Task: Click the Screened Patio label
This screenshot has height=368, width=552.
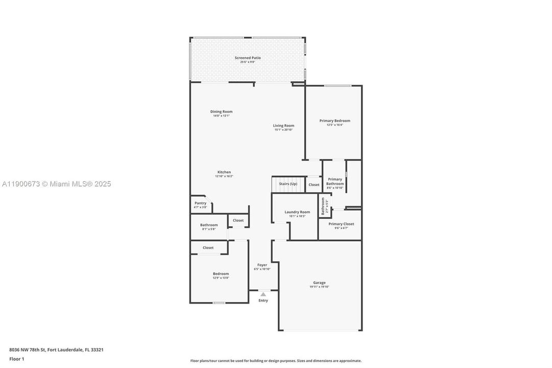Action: coord(248,58)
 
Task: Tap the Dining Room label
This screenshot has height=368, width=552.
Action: coord(221,111)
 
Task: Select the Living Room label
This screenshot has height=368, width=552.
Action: coord(283,125)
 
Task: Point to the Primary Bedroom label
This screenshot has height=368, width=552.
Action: coord(334,121)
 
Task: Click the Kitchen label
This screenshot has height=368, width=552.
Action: coord(224,172)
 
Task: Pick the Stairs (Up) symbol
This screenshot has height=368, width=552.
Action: coord(287,184)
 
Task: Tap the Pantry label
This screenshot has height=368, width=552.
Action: coord(200,203)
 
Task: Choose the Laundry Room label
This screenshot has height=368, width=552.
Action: coord(297,212)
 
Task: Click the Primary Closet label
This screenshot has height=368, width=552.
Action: coord(341,224)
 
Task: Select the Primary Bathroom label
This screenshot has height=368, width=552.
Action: coord(335,181)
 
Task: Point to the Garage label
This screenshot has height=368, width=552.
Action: coord(319,283)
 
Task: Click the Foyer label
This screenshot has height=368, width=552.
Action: coord(262,265)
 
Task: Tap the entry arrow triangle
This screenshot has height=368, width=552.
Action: coord(263,294)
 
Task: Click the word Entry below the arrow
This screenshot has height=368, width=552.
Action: coord(263,301)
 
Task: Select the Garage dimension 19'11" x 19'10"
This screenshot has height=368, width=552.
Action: coord(319,287)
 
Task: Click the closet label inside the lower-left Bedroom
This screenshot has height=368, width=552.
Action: coord(208,247)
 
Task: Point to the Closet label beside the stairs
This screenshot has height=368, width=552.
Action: coord(314,185)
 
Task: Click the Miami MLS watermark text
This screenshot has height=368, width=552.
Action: coord(56,184)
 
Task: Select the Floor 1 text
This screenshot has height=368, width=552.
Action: coord(17,359)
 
